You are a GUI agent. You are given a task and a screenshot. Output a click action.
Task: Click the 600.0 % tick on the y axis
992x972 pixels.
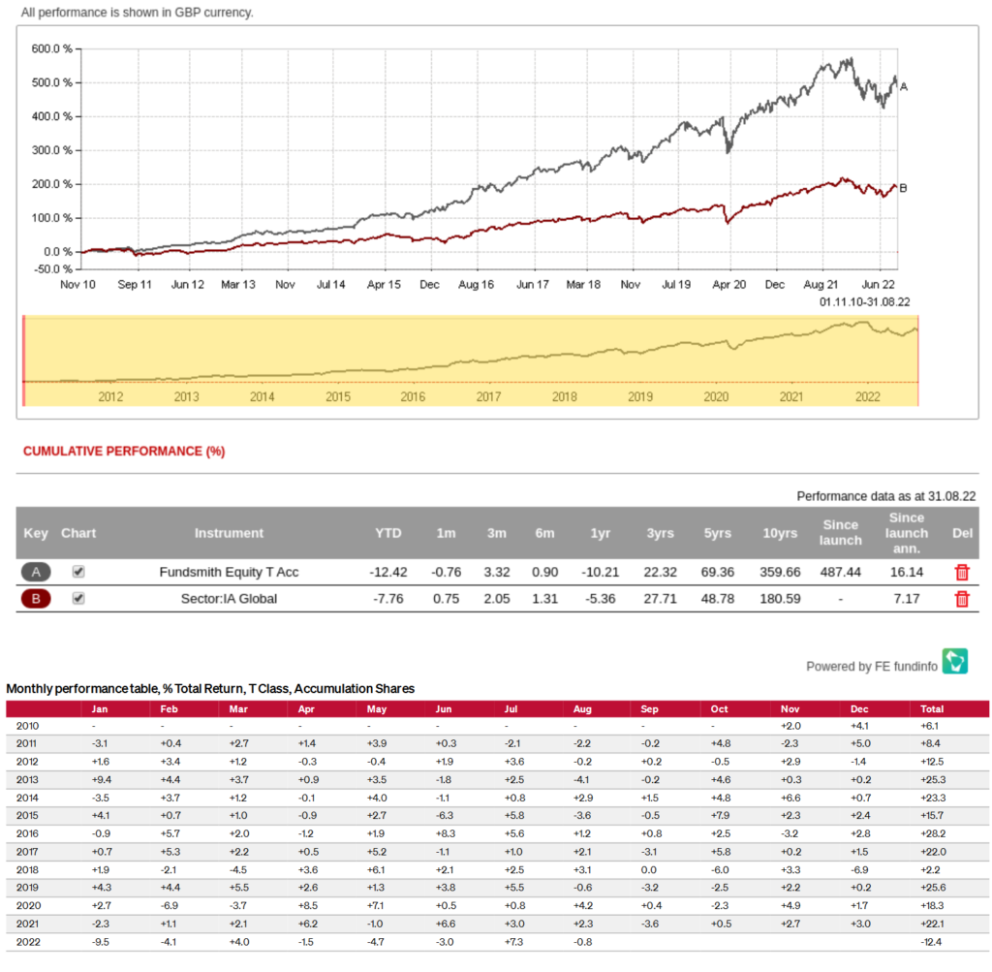(x=53, y=47)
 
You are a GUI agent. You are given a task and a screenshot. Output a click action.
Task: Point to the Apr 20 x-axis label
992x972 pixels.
(x=728, y=285)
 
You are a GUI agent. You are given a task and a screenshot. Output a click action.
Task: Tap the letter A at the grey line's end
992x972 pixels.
(x=904, y=86)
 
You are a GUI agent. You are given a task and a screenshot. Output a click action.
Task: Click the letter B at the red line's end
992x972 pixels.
(x=903, y=188)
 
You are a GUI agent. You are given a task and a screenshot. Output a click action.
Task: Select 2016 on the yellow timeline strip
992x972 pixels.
(x=414, y=397)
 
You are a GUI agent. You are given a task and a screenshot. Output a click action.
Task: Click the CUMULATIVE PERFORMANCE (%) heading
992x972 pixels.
(x=124, y=452)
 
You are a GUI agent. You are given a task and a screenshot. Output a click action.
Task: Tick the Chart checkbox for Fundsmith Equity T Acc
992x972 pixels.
(x=78, y=572)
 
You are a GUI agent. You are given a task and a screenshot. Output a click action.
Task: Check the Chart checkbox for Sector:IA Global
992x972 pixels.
(x=78, y=598)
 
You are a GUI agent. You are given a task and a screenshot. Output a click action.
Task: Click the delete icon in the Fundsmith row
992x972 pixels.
(x=962, y=572)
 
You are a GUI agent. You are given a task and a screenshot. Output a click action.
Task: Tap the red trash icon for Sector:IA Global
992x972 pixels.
(x=962, y=599)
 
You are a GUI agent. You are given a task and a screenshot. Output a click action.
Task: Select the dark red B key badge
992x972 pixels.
(x=36, y=599)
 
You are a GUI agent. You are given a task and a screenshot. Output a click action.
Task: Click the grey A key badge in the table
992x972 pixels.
(x=36, y=572)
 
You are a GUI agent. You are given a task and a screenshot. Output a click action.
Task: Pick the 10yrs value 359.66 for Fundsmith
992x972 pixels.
(x=782, y=572)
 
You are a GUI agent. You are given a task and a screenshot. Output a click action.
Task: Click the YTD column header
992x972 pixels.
(x=387, y=532)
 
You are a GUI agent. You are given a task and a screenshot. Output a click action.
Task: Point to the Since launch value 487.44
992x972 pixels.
(x=840, y=572)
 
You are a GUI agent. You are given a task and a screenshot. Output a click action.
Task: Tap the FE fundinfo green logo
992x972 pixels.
(x=955, y=662)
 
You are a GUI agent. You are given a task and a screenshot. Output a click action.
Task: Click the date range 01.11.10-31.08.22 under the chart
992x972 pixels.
(x=864, y=302)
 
